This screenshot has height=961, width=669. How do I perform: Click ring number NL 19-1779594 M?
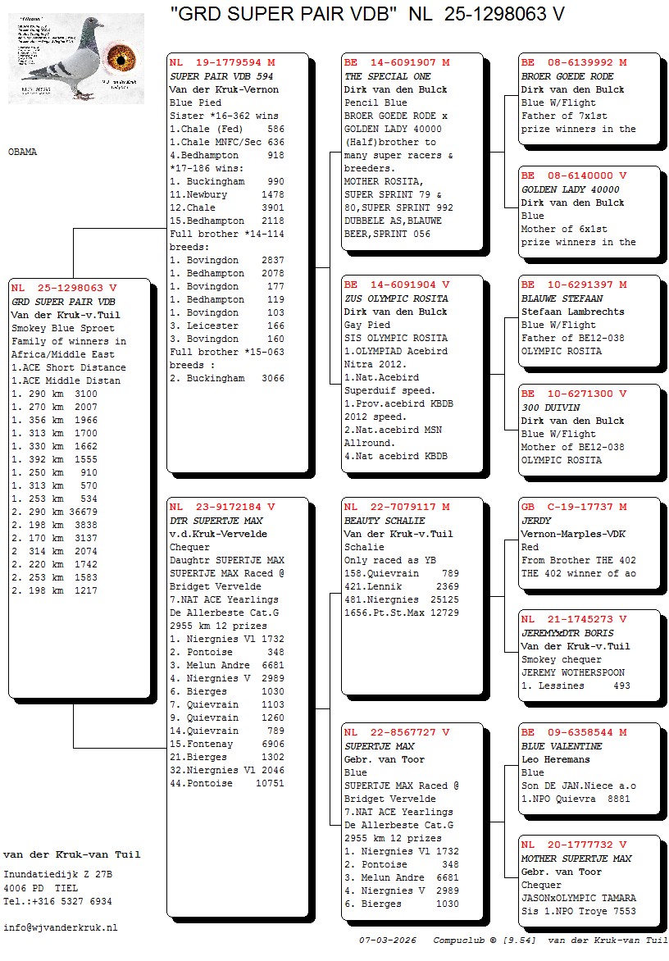point(222,62)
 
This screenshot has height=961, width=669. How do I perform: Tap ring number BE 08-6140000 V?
point(574,175)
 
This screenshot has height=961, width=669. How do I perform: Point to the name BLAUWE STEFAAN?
point(562,298)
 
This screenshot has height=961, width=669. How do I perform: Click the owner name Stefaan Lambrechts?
point(572,312)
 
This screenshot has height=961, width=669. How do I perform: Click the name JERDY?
point(536,521)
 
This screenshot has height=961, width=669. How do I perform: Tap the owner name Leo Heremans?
point(556,759)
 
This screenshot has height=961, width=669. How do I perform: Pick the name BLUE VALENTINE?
point(562,746)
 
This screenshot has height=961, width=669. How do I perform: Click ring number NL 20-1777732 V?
point(574,845)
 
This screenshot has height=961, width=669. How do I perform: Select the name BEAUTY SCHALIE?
point(385,521)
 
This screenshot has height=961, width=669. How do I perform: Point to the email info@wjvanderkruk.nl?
point(61,927)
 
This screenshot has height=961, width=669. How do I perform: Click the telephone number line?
point(57,901)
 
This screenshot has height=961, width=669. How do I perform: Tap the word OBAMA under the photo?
point(22,153)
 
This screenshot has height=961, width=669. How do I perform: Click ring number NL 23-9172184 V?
point(222,507)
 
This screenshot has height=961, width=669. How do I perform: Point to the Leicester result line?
point(227,326)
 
